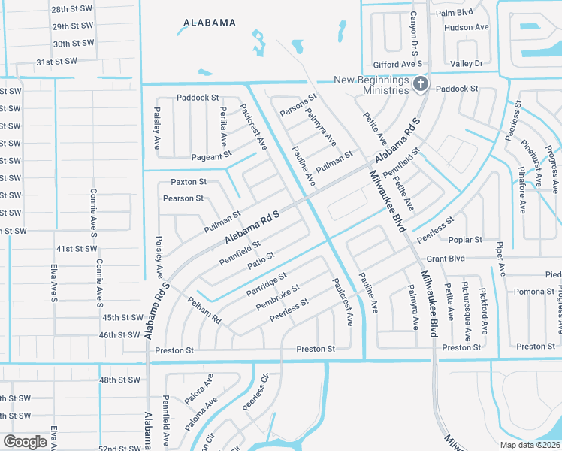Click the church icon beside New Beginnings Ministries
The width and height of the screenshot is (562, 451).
click(421, 85)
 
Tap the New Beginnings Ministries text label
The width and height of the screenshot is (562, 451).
click(372, 85)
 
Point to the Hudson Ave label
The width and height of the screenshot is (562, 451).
click(466, 27)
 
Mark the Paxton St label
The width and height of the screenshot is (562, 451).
click(188, 182)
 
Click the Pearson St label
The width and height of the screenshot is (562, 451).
click(183, 198)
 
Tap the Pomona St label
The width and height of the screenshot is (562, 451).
click(534, 292)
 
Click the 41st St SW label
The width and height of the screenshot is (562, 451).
click(77, 249)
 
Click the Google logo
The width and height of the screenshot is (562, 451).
click(25, 441)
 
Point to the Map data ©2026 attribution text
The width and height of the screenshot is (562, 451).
click(529, 445)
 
